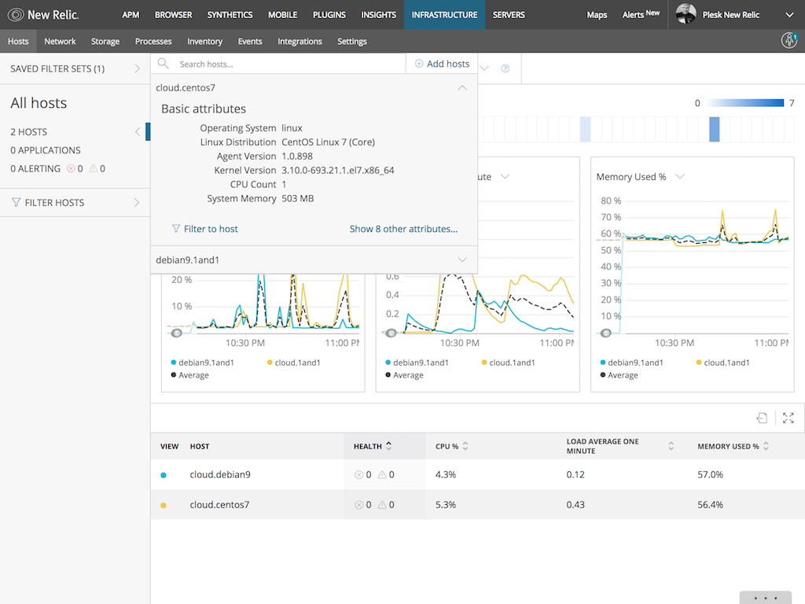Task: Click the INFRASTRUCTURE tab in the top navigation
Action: click(444, 15)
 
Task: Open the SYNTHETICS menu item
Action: click(230, 15)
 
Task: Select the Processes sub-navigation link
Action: click(153, 42)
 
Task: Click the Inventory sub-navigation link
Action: click(204, 42)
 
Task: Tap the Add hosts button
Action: click(442, 64)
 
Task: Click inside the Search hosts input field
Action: click(283, 64)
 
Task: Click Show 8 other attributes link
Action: click(403, 229)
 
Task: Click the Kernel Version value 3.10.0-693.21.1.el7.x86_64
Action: click(337, 171)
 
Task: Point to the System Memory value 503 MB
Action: click(297, 199)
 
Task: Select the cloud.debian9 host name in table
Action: click(220, 475)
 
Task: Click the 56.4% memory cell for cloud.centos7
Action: click(710, 505)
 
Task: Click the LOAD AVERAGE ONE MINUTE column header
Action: click(602, 446)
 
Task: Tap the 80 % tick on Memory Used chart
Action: click(611, 201)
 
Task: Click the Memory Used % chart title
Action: click(631, 177)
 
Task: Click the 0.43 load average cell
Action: click(575, 505)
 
